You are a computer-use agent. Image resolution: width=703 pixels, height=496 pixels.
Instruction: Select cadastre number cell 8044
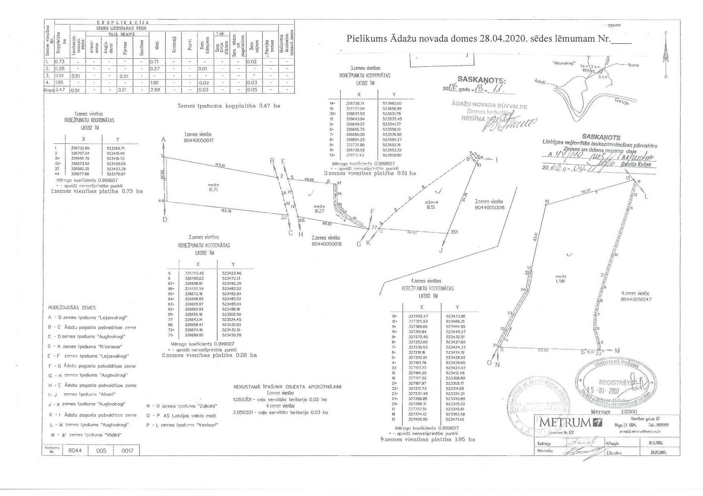pos(75,450)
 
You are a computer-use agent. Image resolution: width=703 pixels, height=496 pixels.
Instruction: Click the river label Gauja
pos(622,102)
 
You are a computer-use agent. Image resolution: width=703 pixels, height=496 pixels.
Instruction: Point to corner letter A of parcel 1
pos(163,139)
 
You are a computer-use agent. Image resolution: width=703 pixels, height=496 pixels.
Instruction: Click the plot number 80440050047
pos(636,299)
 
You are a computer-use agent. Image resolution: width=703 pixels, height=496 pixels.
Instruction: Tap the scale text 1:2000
pos(628,412)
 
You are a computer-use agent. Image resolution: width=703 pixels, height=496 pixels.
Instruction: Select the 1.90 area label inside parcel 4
pos(561,281)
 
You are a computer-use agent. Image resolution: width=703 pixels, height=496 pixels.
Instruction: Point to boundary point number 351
pos(454,232)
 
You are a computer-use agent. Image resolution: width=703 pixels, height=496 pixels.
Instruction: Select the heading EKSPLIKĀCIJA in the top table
pos(123,23)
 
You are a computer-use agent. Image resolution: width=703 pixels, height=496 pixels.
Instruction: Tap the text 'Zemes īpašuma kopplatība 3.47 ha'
pos(229,106)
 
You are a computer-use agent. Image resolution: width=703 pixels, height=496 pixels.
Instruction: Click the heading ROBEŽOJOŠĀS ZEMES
pos(72,308)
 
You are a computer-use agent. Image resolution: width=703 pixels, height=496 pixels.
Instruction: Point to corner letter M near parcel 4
pos(617,351)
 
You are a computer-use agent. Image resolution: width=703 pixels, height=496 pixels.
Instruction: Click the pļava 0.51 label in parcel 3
pos(432,205)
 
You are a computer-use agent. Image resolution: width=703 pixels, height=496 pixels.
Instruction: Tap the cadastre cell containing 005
pos(102,450)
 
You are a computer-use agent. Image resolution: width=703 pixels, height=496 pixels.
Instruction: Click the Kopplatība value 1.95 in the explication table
pos(60,83)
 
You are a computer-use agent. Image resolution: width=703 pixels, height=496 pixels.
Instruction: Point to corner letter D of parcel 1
pos(165,219)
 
